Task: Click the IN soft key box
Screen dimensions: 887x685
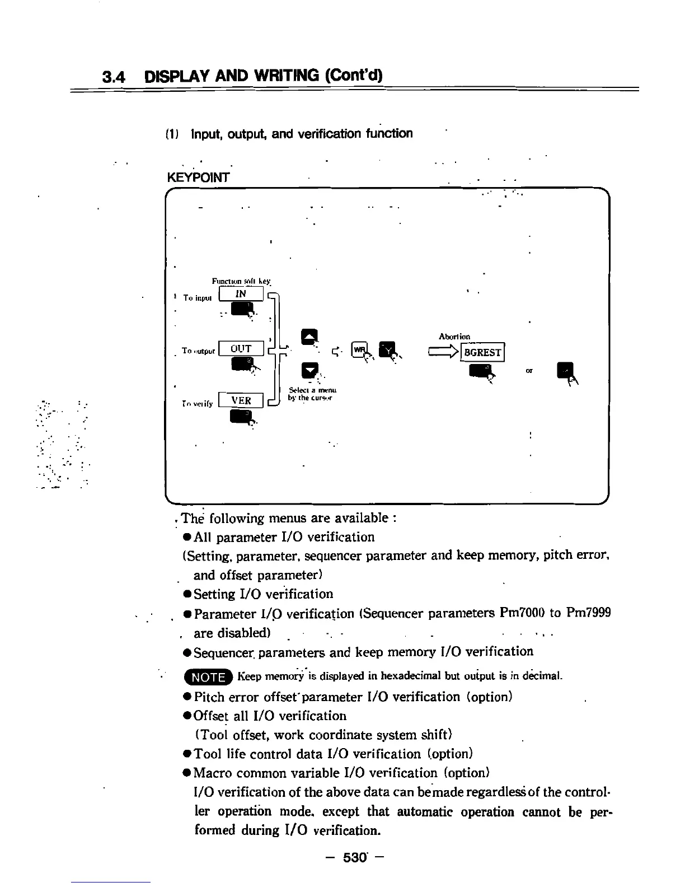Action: point(241,293)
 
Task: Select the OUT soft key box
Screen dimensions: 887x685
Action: point(241,348)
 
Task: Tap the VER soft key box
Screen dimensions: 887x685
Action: point(241,400)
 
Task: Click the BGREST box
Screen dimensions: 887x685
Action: point(482,352)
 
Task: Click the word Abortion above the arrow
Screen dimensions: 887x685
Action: point(454,336)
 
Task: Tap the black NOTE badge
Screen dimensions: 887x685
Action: point(208,677)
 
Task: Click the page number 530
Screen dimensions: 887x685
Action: point(355,857)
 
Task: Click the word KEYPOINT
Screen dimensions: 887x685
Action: point(198,178)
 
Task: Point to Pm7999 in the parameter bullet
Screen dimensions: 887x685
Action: point(588,613)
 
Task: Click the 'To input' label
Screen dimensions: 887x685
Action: point(198,298)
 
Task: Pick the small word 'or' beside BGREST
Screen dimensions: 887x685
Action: point(529,371)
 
